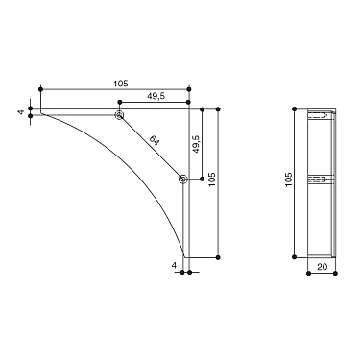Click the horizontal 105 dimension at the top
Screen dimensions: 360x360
pos(120,84)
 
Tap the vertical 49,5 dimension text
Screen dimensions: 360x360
pos(197,144)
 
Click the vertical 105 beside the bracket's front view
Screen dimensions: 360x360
pos(213,180)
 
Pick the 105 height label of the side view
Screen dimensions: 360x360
pos(289,181)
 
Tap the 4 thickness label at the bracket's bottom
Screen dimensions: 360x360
pos(175,264)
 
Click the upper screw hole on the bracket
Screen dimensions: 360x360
pos(119,116)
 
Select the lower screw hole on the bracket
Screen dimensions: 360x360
pos(182,179)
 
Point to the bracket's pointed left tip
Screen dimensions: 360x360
pos(40,116)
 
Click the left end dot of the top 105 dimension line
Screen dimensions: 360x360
pos(39,90)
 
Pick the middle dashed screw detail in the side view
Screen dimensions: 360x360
pos(324,179)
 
